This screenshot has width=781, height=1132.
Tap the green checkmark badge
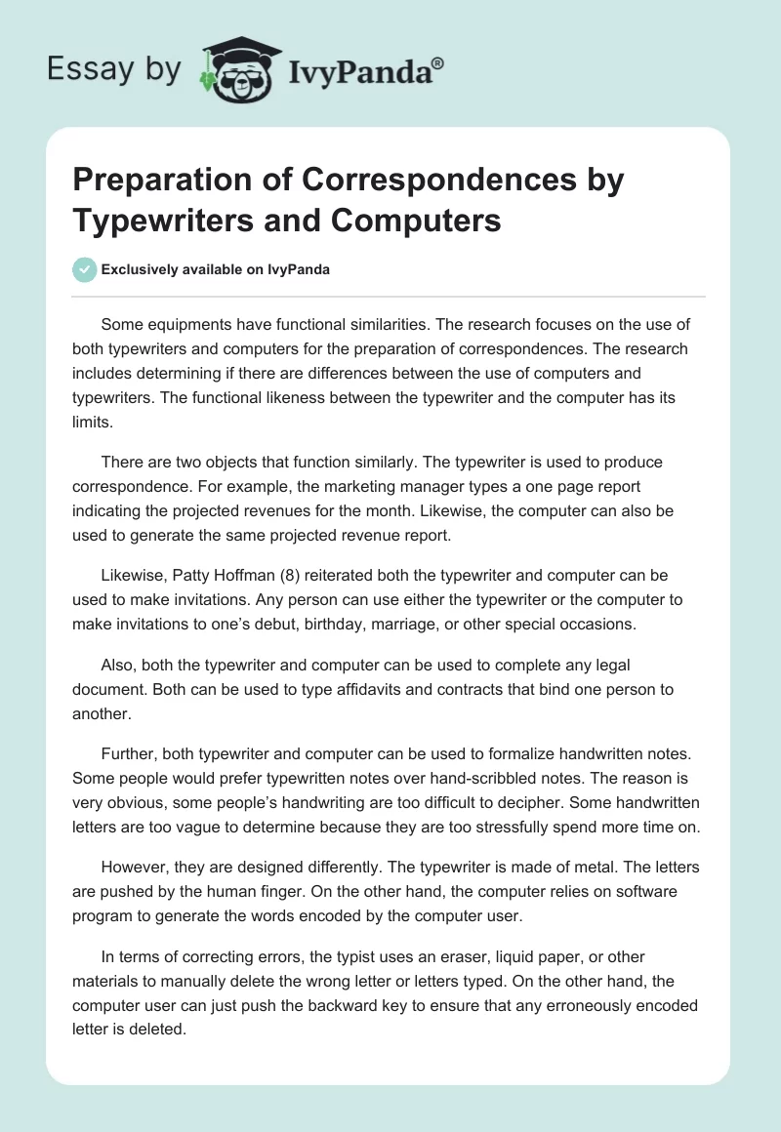[85, 269]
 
